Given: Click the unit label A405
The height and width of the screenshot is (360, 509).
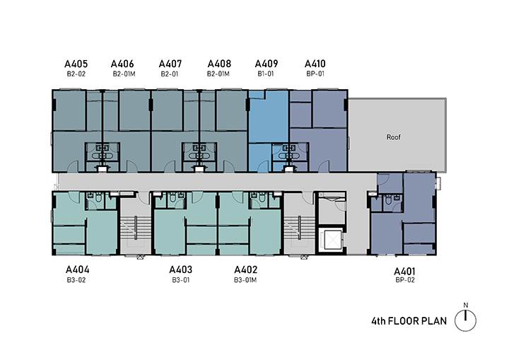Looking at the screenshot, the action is (76, 64).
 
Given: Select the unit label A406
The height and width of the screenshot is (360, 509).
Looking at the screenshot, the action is (122, 64).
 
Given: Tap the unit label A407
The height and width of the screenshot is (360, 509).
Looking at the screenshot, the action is (170, 64).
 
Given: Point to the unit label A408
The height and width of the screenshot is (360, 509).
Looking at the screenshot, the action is (219, 64).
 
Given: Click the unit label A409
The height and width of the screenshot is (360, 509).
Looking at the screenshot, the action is (267, 64).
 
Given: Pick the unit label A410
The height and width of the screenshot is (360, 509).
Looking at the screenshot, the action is (315, 64).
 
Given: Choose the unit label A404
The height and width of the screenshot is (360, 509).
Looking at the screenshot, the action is (77, 269).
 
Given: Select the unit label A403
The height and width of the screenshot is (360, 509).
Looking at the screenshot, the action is (180, 269).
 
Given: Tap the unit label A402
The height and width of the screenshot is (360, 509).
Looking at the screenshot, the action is (246, 269).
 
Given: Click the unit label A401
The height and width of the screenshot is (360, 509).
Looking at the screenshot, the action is (404, 272).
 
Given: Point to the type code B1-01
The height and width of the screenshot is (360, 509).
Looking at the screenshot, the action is (266, 74).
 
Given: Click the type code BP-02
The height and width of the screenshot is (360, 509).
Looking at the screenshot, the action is (405, 280).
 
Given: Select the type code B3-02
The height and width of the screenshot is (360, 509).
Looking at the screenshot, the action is (76, 280).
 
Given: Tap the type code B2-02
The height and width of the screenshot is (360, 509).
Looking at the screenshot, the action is (76, 74).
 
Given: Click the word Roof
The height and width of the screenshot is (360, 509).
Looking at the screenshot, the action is (394, 137).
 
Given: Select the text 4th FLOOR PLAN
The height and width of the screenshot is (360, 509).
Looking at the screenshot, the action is (409, 321).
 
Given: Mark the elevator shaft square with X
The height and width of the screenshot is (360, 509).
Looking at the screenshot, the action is (331, 240).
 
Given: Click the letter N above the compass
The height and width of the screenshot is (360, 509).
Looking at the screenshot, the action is (465, 305).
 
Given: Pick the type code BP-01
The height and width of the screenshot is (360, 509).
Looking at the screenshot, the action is (315, 74).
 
